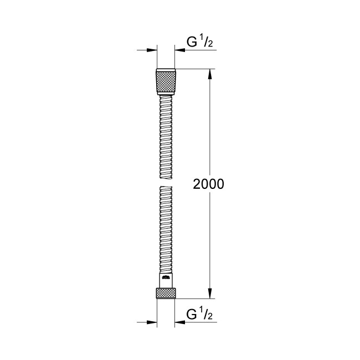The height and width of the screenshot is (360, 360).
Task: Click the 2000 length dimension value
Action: tap(208, 184)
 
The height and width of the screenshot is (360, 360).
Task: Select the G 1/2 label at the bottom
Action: tap(199, 315)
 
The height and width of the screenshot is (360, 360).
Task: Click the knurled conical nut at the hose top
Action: tap(166, 82)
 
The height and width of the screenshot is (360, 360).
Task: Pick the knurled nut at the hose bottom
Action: tap(166, 292)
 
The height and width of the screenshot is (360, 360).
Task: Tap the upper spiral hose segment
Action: tap(166, 136)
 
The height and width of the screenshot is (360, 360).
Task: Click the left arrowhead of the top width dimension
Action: tap(151, 50)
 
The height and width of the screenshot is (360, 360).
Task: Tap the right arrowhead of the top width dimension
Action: tap(180, 50)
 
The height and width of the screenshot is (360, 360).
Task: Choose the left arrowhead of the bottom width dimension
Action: tap(151, 322)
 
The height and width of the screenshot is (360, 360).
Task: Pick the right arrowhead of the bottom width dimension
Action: tap(180, 322)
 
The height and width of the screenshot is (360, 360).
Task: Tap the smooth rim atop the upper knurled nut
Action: tap(166, 70)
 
